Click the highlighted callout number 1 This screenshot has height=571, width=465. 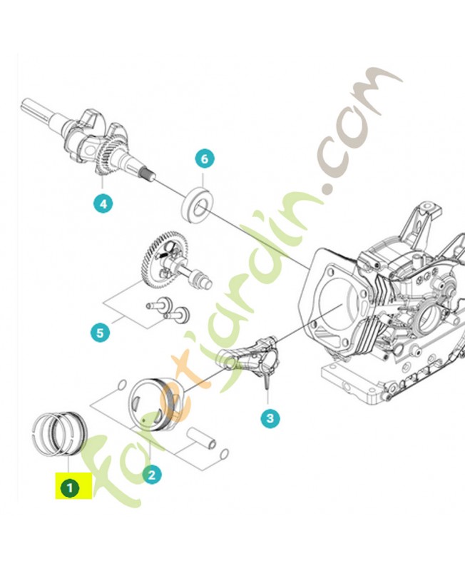(69, 488)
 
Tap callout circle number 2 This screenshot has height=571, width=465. (151, 473)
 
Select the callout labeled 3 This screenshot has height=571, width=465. (269, 418)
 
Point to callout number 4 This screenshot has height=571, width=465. (103, 203)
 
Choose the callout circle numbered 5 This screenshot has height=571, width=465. (101, 332)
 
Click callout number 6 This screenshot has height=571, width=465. (204, 159)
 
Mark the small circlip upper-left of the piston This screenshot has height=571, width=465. (122, 385)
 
